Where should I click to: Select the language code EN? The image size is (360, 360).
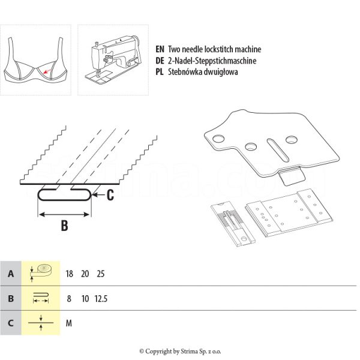click(x=160, y=50)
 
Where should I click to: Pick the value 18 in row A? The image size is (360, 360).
click(x=70, y=274)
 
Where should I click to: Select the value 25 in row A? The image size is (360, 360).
click(x=100, y=274)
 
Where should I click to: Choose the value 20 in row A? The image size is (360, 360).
click(x=85, y=274)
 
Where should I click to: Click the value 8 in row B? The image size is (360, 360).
click(x=70, y=298)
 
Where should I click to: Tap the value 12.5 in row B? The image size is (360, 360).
click(x=101, y=298)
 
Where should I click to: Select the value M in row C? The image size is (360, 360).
click(x=69, y=323)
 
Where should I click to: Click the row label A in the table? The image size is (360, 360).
click(x=10, y=274)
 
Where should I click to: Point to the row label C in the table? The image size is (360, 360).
click(x=10, y=323)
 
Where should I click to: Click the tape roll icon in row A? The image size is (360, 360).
click(x=41, y=272)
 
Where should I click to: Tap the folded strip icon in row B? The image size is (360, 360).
click(x=41, y=298)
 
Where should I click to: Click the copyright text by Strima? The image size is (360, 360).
click(x=180, y=351)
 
